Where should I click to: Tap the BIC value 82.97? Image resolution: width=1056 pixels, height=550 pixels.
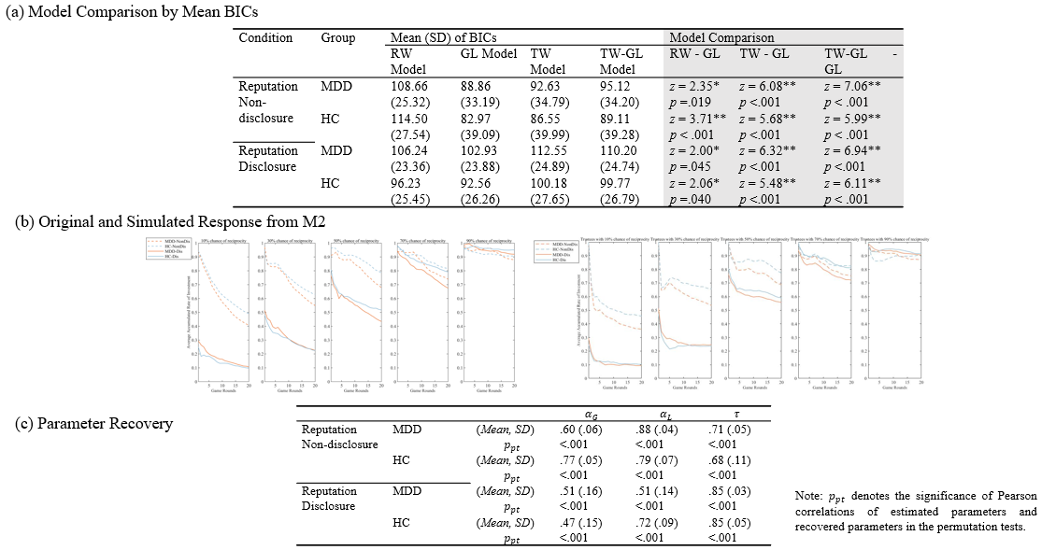[478, 119]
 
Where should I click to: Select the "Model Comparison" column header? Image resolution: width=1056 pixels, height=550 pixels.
[721, 37]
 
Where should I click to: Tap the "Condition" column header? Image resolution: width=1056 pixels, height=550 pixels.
[265, 37]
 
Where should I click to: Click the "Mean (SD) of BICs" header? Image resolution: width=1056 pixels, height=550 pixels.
[444, 37]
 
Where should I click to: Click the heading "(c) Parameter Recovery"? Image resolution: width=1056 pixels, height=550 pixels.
[89, 423]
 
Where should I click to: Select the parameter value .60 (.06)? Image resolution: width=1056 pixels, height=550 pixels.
[579, 430]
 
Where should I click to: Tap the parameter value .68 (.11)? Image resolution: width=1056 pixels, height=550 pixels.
[728, 460]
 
